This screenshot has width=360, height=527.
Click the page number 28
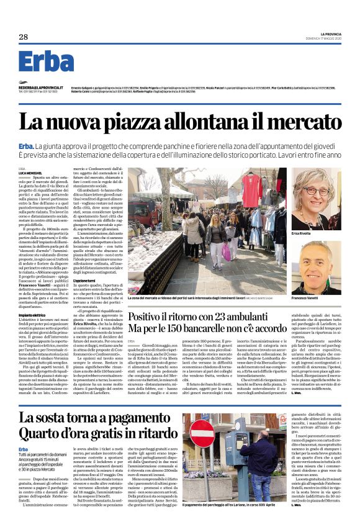coord(24,37)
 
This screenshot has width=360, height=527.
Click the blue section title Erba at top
coord(46,63)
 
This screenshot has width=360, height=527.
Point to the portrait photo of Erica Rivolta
coord(316,197)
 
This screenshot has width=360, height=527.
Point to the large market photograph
coord(207,228)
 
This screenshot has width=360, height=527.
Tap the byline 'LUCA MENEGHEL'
coord(30,172)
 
